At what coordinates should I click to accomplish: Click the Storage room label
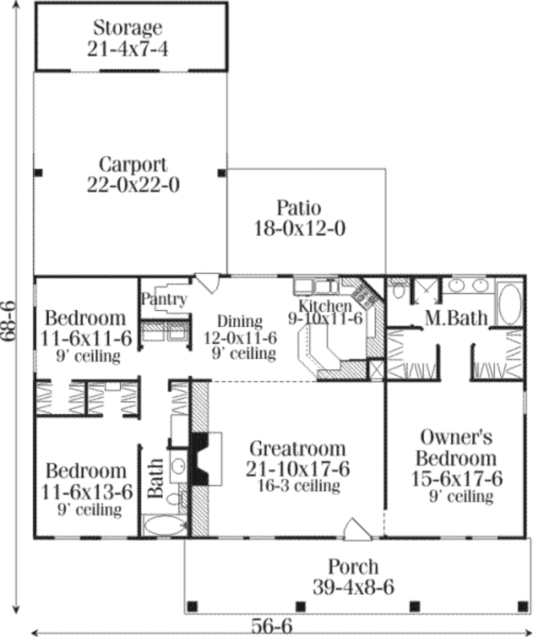[x=128, y=27]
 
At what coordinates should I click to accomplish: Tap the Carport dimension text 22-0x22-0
[x=133, y=185]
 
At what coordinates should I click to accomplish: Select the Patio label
[x=299, y=208]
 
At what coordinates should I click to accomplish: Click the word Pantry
[x=164, y=299]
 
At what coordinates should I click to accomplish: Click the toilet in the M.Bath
[x=399, y=289]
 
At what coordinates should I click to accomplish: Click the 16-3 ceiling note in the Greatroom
[x=299, y=486]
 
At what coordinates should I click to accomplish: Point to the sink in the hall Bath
[x=179, y=466]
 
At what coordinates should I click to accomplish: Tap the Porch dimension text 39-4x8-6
[x=353, y=588]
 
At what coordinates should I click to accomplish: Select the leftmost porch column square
[x=192, y=606]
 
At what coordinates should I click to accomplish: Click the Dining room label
[x=239, y=322]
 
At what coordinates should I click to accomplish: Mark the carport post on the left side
[x=38, y=173]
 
